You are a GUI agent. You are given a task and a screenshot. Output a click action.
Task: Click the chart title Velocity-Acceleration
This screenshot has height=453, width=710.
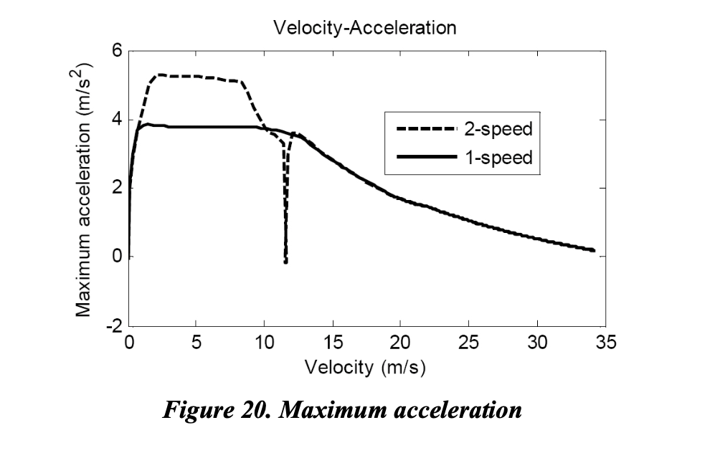(364, 28)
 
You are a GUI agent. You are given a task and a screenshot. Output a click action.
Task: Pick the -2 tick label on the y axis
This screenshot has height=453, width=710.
(113, 325)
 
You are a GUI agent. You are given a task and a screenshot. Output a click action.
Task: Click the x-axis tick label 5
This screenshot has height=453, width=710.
(197, 343)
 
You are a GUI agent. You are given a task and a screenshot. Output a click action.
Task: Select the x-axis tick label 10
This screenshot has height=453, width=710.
(265, 343)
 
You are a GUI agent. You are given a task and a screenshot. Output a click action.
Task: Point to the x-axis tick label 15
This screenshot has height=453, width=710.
(333, 343)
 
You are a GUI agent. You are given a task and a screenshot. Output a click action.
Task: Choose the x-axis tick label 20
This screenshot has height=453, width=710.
(401, 343)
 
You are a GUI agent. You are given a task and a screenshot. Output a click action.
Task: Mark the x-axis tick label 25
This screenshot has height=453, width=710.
(469, 343)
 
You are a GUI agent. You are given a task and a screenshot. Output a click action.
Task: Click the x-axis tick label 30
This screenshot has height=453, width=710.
(537, 343)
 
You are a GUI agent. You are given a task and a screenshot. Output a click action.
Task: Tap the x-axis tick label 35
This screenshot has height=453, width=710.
(605, 343)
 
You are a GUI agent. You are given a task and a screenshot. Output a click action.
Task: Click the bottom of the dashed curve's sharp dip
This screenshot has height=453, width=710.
(285, 262)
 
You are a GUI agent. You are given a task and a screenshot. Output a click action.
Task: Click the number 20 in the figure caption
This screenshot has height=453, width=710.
(254, 411)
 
